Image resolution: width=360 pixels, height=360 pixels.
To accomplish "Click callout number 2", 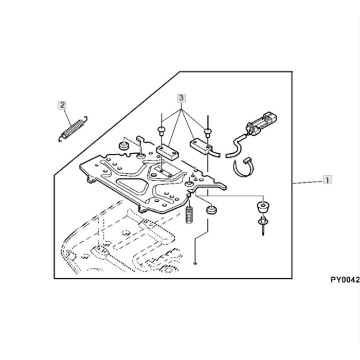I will [x=62, y=105].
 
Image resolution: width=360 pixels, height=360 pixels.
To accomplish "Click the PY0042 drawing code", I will [x=345, y=280].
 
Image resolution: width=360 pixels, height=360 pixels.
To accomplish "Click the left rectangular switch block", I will [x=165, y=152].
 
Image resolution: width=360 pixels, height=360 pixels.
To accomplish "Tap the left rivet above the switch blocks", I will [x=161, y=130].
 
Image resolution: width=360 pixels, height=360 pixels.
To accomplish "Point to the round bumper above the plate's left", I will [x=123, y=146].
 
